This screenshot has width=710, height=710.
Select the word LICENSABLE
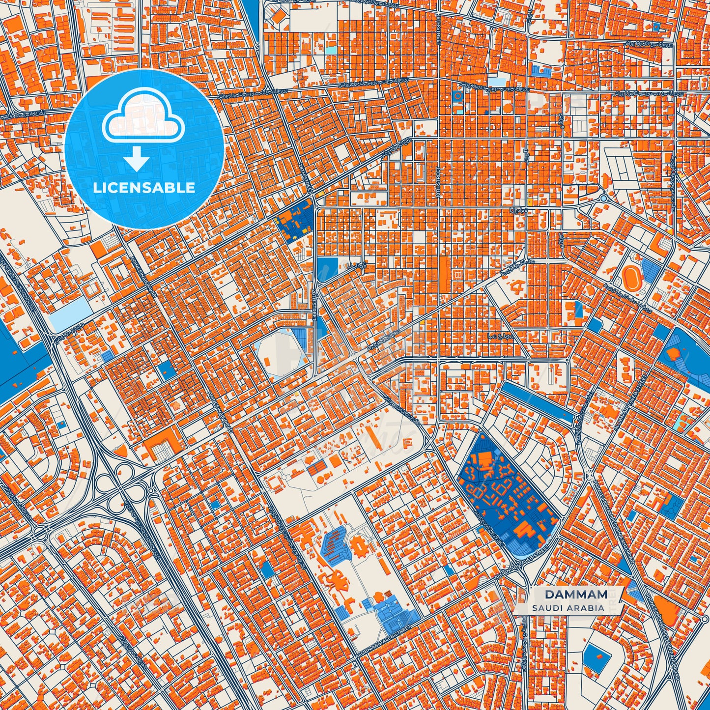144,187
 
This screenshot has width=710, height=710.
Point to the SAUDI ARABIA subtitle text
568,608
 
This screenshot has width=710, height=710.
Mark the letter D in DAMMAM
549,595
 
